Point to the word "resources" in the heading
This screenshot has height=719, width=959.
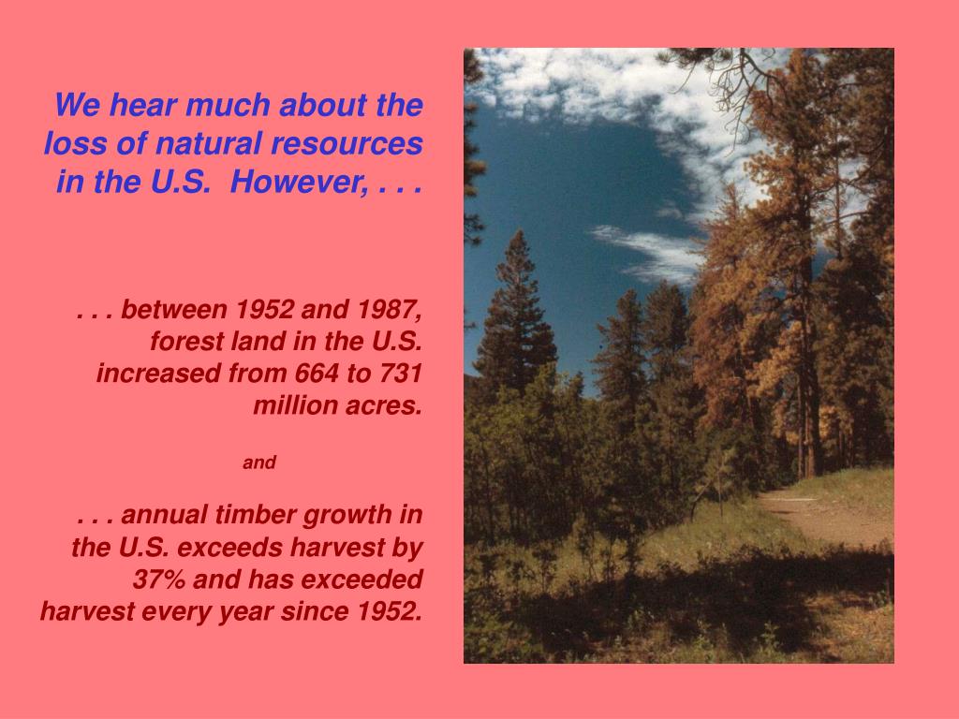point(347,144)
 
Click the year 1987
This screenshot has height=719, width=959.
point(389,310)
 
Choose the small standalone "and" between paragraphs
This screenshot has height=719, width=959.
point(259,462)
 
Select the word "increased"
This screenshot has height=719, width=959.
point(158,373)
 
